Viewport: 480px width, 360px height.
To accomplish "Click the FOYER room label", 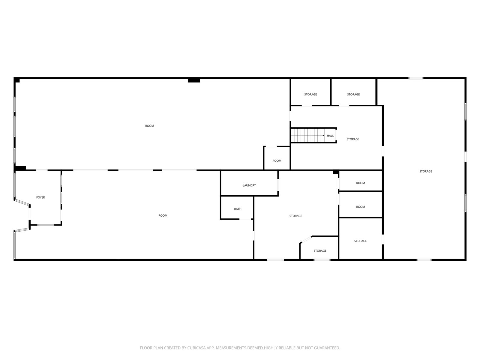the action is [x=40, y=197].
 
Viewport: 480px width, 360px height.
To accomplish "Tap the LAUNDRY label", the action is [x=249, y=185].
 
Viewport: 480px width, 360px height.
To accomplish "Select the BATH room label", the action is [x=238, y=209].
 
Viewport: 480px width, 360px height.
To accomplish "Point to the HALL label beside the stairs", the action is [x=330, y=136].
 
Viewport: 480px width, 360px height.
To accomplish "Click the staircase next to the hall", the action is [x=307, y=135].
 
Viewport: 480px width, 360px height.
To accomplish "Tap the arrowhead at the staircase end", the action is [x=323, y=135].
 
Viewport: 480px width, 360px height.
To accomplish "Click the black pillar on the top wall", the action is [x=194, y=80].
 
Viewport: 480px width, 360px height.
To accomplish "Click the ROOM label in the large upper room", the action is [x=150, y=126].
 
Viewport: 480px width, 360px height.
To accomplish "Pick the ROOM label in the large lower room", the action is [x=163, y=215].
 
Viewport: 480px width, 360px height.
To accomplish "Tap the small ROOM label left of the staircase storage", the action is [x=277, y=161].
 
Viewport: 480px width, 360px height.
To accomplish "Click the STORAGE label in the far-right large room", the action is [x=425, y=171].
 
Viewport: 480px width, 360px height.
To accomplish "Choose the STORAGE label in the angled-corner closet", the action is [x=320, y=251].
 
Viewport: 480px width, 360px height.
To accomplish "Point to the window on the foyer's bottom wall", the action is [x=46, y=225].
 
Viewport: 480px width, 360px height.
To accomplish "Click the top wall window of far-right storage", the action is [x=416, y=78].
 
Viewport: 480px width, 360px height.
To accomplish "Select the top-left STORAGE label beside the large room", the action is [x=310, y=94].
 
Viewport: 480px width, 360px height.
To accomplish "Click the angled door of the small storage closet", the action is [x=306, y=240].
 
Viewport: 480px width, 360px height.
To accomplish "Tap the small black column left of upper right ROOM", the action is [x=336, y=172].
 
